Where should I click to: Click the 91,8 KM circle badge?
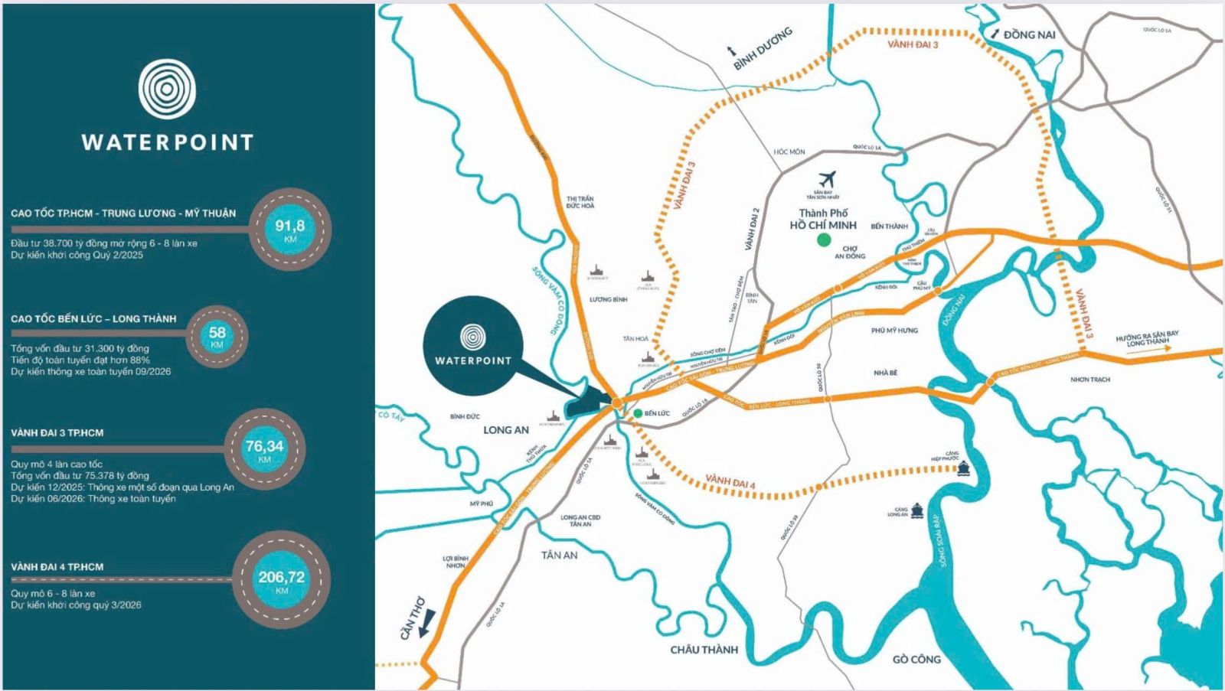click(290, 229)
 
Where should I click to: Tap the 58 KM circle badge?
click(217, 336)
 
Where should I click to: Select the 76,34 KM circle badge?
click(265, 448)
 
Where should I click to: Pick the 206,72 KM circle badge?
click(281, 580)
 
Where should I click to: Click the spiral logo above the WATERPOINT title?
click(167, 90)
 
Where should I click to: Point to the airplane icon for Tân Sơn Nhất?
click(826, 179)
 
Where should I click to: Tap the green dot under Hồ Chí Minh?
click(824, 240)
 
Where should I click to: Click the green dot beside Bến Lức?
click(637, 413)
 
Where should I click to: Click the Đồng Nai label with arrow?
click(1023, 34)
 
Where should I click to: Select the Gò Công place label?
click(916, 659)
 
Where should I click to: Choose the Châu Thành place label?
click(704, 650)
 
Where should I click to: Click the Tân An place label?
click(559, 555)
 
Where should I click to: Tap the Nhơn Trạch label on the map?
click(1089, 380)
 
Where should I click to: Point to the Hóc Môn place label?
click(789, 152)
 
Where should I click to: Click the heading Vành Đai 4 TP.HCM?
click(57, 567)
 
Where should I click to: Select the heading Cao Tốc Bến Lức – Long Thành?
click(93, 318)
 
